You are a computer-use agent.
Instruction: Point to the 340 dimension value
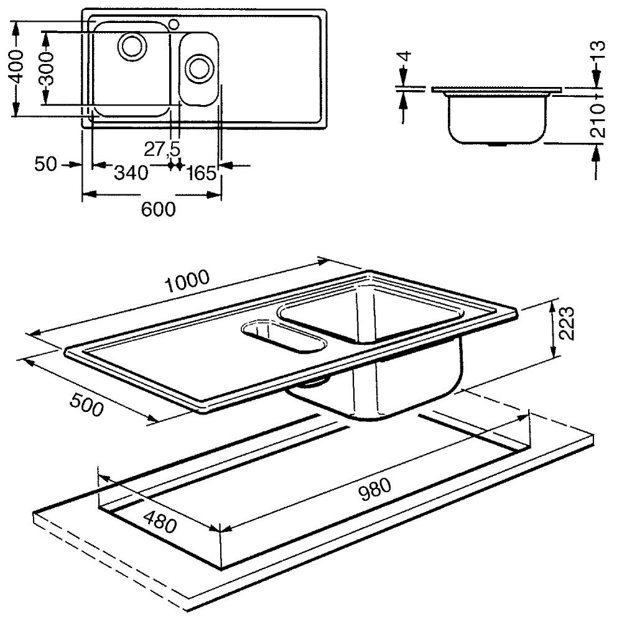pos(131,172)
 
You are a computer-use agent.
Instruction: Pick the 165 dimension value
pos(201,173)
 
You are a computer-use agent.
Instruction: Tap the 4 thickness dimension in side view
pos(405,62)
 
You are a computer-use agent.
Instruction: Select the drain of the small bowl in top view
pos(199,67)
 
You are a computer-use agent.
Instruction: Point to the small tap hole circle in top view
pos(174,24)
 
